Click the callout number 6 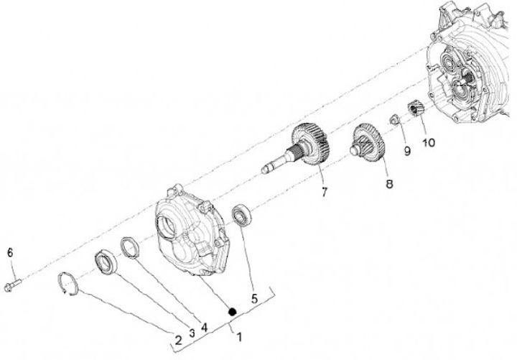(x=10, y=253)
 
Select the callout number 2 (x=178, y=340)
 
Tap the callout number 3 (x=192, y=333)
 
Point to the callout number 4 (x=205, y=328)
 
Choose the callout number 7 (x=325, y=192)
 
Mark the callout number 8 (x=389, y=184)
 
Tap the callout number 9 (x=407, y=151)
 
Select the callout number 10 (x=429, y=142)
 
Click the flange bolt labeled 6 (x=13, y=285)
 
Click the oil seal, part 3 (x=106, y=262)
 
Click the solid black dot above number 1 (x=233, y=311)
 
